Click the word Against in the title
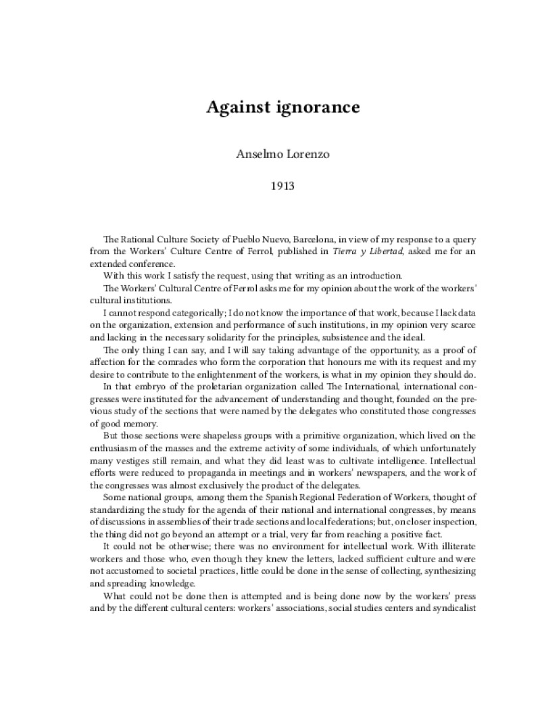236,108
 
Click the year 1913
270,183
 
